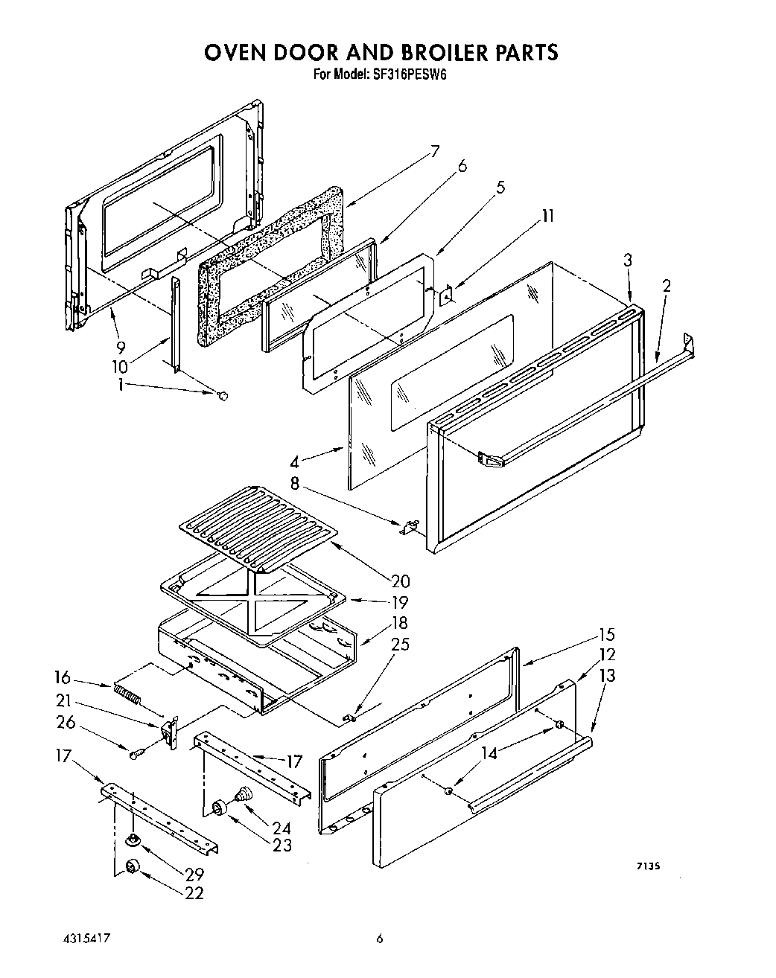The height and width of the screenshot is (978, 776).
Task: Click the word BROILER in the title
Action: click(x=425, y=52)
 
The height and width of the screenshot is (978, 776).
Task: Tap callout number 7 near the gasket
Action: click(x=435, y=151)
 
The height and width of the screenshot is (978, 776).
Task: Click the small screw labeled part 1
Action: click(x=221, y=396)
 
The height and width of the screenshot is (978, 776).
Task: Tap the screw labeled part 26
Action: click(x=135, y=755)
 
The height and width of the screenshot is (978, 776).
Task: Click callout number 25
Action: click(x=400, y=644)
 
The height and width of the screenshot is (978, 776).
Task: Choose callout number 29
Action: click(x=194, y=875)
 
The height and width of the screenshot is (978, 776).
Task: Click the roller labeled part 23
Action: click(x=219, y=808)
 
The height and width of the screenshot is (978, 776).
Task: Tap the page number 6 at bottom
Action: click(x=379, y=939)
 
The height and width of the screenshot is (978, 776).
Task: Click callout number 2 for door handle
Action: click(x=667, y=284)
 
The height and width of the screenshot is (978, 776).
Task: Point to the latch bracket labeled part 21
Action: click(x=171, y=731)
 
